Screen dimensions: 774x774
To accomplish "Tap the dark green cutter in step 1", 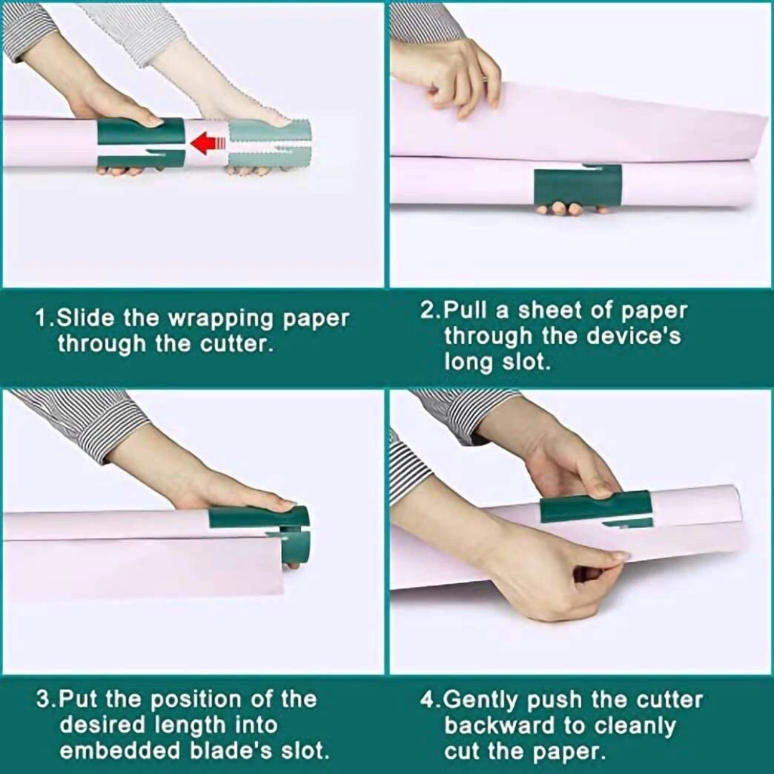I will click(139, 143).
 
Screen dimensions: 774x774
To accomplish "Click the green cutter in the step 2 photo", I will click(578, 186).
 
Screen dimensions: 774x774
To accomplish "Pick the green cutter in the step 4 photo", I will click(596, 509).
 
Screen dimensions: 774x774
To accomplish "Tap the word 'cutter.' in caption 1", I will click(237, 344).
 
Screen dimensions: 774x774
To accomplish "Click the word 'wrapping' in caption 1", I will click(222, 318).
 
